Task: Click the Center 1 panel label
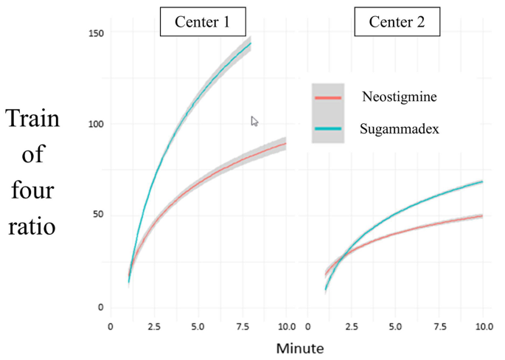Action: coord(202,22)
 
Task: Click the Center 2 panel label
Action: coord(397,22)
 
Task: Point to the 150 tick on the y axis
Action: coord(97,33)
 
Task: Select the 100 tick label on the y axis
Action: coord(97,125)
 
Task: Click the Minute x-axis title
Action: coord(299,346)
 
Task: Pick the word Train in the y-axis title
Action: coord(32,120)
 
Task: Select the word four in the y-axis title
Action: coord(32,190)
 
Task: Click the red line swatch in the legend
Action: coord(327,97)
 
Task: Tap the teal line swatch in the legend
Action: coord(327,128)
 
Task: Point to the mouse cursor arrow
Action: coord(254,121)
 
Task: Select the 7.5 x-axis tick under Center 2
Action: coord(440,325)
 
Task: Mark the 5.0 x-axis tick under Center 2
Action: coord(396,325)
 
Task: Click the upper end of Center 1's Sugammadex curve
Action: coord(251,43)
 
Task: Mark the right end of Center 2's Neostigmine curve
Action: coord(482,215)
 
